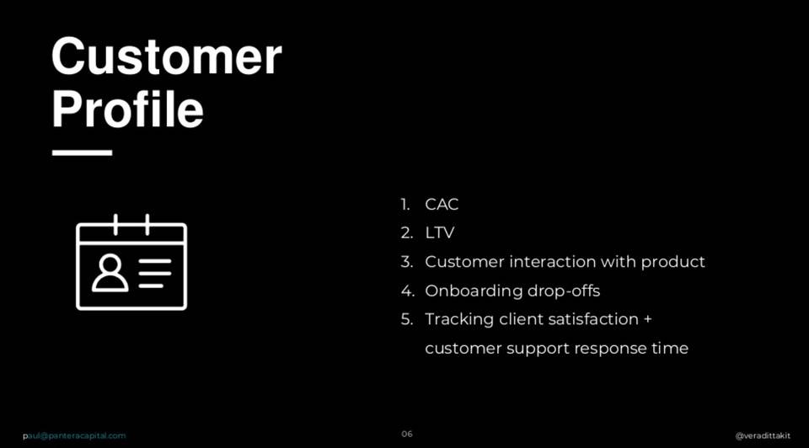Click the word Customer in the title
pyautogui.click(x=167, y=56)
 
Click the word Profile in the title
pyautogui.click(x=127, y=109)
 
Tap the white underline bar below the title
pyautogui.click(x=82, y=152)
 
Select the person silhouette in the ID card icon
pyautogui.click(x=110, y=273)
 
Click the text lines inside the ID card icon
pyautogui.click(x=155, y=273)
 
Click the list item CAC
pyautogui.click(x=442, y=205)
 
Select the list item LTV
pyautogui.click(x=440, y=233)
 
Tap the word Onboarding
pyautogui.click(x=469, y=291)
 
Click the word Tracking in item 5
pyautogui.click(x=459, y=320)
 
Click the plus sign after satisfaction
pyautogui.click(x=648, y=320)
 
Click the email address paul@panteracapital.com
pyautogui.click(x=74, y=436)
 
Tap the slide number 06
pyautogui.click(x=407, y=434)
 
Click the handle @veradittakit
pyautogui.click(x=763, y=436)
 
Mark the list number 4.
pyautogui.click(x=407, y=291)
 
